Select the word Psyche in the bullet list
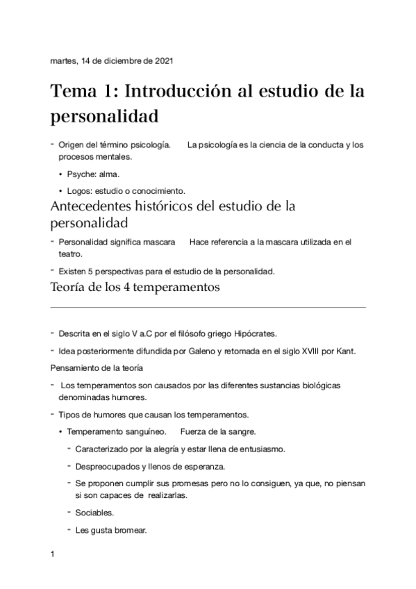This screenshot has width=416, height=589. (x=81, y=174)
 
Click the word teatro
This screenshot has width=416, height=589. (x=69, y=254)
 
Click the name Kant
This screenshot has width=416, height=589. (x=344, y=351)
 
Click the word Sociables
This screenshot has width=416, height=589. (x=94, y=513)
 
